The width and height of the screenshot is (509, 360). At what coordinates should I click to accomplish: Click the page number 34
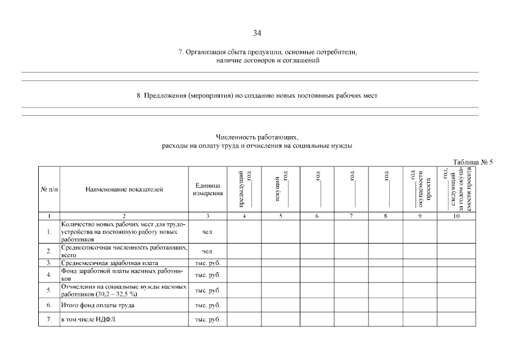(257, 33)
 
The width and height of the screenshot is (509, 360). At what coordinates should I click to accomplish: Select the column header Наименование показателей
(124, 190)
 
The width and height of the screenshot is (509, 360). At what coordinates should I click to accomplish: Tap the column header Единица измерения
(208, 190)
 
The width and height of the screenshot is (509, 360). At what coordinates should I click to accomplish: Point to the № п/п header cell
(49, 190)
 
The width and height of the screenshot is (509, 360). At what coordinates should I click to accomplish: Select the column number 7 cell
(351, 216)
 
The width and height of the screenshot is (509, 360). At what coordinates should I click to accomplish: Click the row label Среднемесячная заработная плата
(110, 263)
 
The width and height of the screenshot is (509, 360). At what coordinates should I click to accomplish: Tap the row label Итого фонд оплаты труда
(98, 305)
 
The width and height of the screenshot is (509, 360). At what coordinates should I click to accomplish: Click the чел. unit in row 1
(208, 231)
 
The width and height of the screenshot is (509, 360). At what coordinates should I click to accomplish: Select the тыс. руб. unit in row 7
(208, 320)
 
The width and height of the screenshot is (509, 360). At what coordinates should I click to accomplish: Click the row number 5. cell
(49, 291)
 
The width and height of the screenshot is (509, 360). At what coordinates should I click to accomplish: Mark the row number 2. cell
(49, 251)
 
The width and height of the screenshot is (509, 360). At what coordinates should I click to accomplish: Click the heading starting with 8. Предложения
(257, 96)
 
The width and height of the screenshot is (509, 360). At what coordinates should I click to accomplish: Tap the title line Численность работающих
(257, 137)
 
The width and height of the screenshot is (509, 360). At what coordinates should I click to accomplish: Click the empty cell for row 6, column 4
(244, 305)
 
